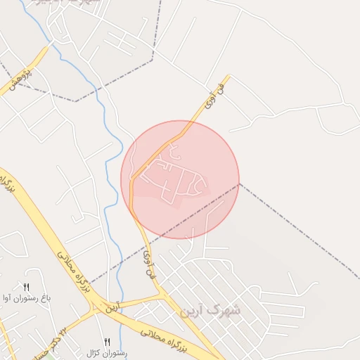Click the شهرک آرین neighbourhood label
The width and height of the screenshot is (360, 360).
click(x=210, y=310)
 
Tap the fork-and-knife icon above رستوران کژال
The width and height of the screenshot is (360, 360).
click(x=108, y=341)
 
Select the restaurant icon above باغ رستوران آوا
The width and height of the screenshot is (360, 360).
click(x=27, y=287)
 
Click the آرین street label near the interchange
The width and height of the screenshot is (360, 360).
click(x=113, y=307)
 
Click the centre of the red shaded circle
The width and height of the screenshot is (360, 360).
click(x=180, y=180)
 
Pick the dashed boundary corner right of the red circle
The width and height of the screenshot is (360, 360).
click(x=240, y=184)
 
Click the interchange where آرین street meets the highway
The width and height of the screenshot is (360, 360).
click(x=94, y=307)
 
